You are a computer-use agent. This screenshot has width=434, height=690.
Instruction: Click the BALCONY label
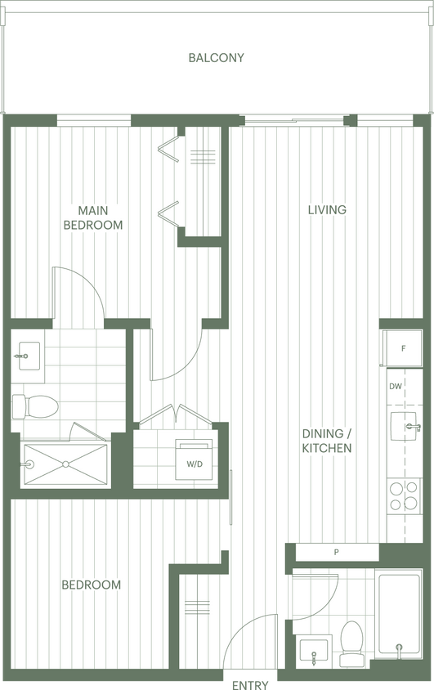pos(216,58)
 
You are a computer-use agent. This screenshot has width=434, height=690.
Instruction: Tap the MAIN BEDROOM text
pos(94,217)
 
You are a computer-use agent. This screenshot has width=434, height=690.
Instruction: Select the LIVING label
pos(327,210)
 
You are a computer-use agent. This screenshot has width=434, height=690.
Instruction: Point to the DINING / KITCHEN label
pos(327,441)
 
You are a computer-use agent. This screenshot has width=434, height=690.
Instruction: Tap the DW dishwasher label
pos(396,387)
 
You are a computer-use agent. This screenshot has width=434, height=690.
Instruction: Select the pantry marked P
pos(336,553)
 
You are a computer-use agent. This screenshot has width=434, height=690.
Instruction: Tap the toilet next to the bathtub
pos(351,642)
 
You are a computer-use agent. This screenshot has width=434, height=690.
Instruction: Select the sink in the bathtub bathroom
pos(314,652)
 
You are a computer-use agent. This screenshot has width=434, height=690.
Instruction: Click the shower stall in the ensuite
pos(65,466)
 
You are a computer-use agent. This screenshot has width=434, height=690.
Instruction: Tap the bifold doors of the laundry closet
pos(176,415)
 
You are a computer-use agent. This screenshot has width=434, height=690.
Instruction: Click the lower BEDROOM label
pos(92,585)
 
